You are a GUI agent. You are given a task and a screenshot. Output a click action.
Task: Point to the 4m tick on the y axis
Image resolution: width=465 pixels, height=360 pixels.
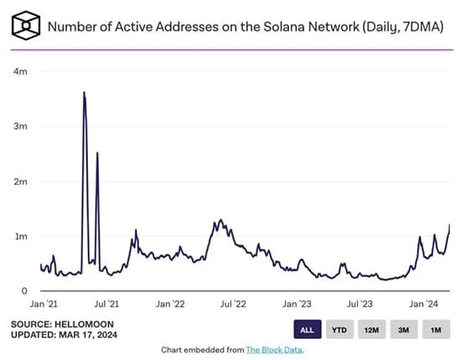tap(18, 72)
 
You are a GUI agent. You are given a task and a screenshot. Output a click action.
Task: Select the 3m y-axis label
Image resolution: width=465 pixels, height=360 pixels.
tap(18, 126)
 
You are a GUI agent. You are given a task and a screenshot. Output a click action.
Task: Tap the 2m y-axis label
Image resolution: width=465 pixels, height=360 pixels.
tap(18, 182)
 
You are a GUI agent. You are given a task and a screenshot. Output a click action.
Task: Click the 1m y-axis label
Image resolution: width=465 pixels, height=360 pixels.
tap(18, 236)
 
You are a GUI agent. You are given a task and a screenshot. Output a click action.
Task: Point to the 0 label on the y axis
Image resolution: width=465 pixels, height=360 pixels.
tap(23, 291)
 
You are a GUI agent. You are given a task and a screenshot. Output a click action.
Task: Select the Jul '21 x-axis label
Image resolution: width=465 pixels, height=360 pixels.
tap(106, 305)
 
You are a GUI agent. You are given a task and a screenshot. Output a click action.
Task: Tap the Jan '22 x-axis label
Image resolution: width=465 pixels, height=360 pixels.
tap(170, 305)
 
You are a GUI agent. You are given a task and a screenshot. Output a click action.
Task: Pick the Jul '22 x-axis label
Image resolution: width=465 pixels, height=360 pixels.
tap(234, 305)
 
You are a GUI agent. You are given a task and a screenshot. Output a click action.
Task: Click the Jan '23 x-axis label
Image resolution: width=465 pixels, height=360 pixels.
tap(297, 305)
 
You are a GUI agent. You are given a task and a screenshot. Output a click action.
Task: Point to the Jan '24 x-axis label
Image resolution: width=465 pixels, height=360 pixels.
tap(426, 305)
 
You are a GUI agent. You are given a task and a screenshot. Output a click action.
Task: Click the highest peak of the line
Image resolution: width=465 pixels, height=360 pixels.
tap(84, 92)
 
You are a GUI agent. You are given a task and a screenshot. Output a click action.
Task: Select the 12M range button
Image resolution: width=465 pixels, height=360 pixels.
tap(372, 329)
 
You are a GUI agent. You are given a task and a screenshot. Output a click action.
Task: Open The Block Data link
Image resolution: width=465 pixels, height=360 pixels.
tap(273, 349)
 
